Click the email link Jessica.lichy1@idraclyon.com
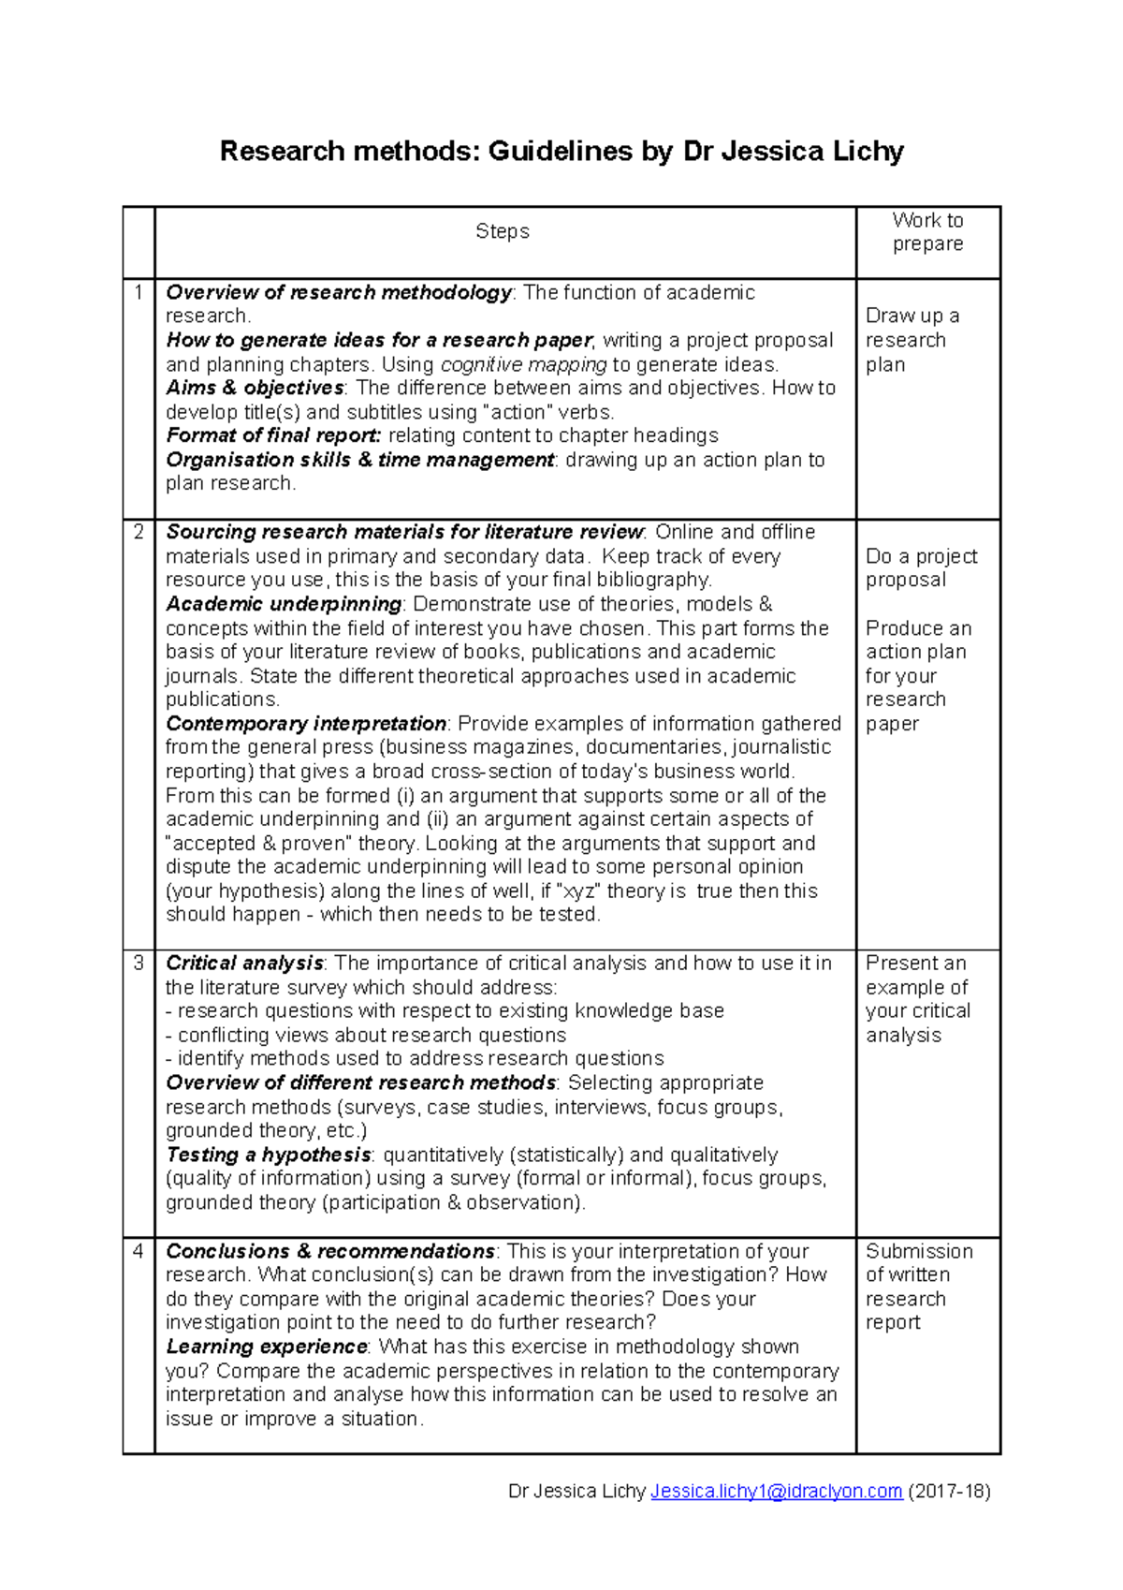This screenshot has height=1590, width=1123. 776,1491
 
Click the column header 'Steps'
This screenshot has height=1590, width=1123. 503,231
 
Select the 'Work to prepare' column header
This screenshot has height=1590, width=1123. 927,232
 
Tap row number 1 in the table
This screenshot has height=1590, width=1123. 139,292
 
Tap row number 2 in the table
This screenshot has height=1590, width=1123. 139,532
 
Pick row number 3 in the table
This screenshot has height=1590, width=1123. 139,963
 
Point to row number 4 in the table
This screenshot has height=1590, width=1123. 139,1251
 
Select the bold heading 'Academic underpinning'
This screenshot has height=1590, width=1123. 284,604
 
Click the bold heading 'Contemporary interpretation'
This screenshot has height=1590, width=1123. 306,724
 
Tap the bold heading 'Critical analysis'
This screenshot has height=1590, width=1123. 244,963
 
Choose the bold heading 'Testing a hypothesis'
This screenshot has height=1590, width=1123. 269,1155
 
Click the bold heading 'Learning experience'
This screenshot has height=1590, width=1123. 267,1347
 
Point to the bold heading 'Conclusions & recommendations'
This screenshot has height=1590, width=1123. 330,1251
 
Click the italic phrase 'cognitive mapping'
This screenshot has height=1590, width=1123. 523,364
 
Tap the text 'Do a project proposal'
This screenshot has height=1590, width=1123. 921,567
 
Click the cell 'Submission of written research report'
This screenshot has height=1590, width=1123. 918,1287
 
